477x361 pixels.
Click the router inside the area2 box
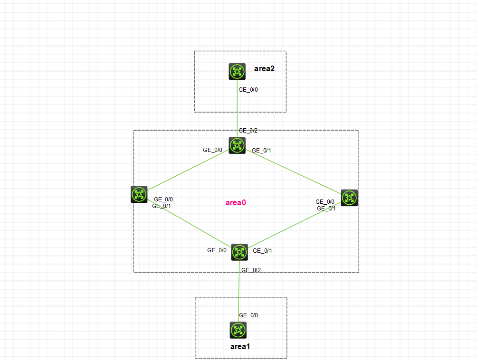click(x=237, y=72)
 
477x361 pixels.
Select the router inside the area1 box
click(x=238, y=330)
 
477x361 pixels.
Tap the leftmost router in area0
click(x=139, y=194)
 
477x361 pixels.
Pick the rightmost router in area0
click(x=349, y=198)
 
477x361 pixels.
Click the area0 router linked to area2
click(x=237, y=145)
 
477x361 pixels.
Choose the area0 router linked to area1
click(x=239, y=252)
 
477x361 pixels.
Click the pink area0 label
click(x=236, y=203)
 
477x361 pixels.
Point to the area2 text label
click(x=264, y=69)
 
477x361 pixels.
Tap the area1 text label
click(x=240, y=346)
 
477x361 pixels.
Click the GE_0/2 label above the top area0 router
click(x=248, y=130)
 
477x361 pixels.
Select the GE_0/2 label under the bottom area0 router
click(x=251, y=270)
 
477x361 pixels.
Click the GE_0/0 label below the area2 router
click(x=248, y=90)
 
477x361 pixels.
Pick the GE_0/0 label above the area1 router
click(x=248, y=315)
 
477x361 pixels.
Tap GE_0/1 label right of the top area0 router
click(x=261, y=151)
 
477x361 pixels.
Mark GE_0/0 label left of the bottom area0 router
click(x=217, y=250)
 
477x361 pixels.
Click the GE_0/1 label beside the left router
click(x=162, y=206)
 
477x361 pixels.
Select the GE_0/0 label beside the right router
click(x=325, y=202)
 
